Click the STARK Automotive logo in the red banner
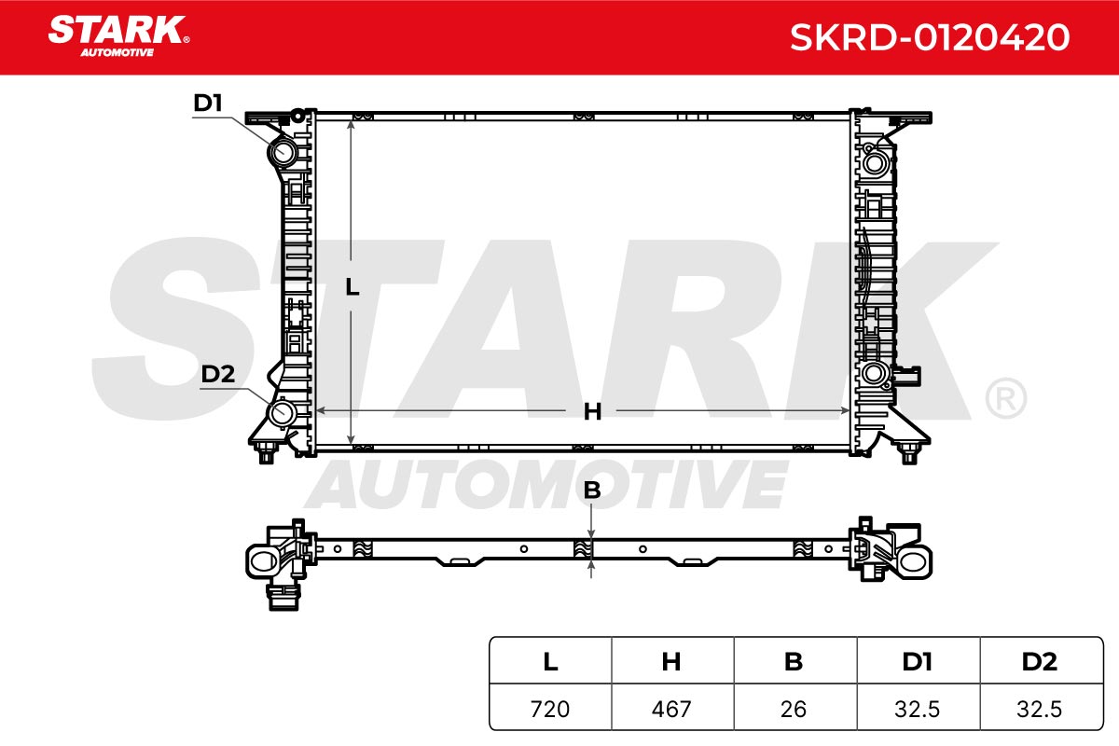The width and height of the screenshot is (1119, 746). click(x=118, y=36)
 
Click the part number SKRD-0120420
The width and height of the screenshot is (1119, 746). click(x=930, y=37)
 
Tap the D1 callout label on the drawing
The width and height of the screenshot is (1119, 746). click(x=207, y=103)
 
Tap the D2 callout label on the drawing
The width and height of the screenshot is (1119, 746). click(x=218, y=374)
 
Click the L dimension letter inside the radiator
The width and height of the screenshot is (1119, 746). click(x=352, y=287)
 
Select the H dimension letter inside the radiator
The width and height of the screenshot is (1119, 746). click(x=592, y=412)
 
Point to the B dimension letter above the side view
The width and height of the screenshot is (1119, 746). click(x=592, y=490)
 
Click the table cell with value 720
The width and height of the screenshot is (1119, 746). click(x=550, y=709)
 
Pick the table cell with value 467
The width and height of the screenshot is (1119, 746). click(x=672, y=709)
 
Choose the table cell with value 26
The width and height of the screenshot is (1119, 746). click(x=794, y=709)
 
